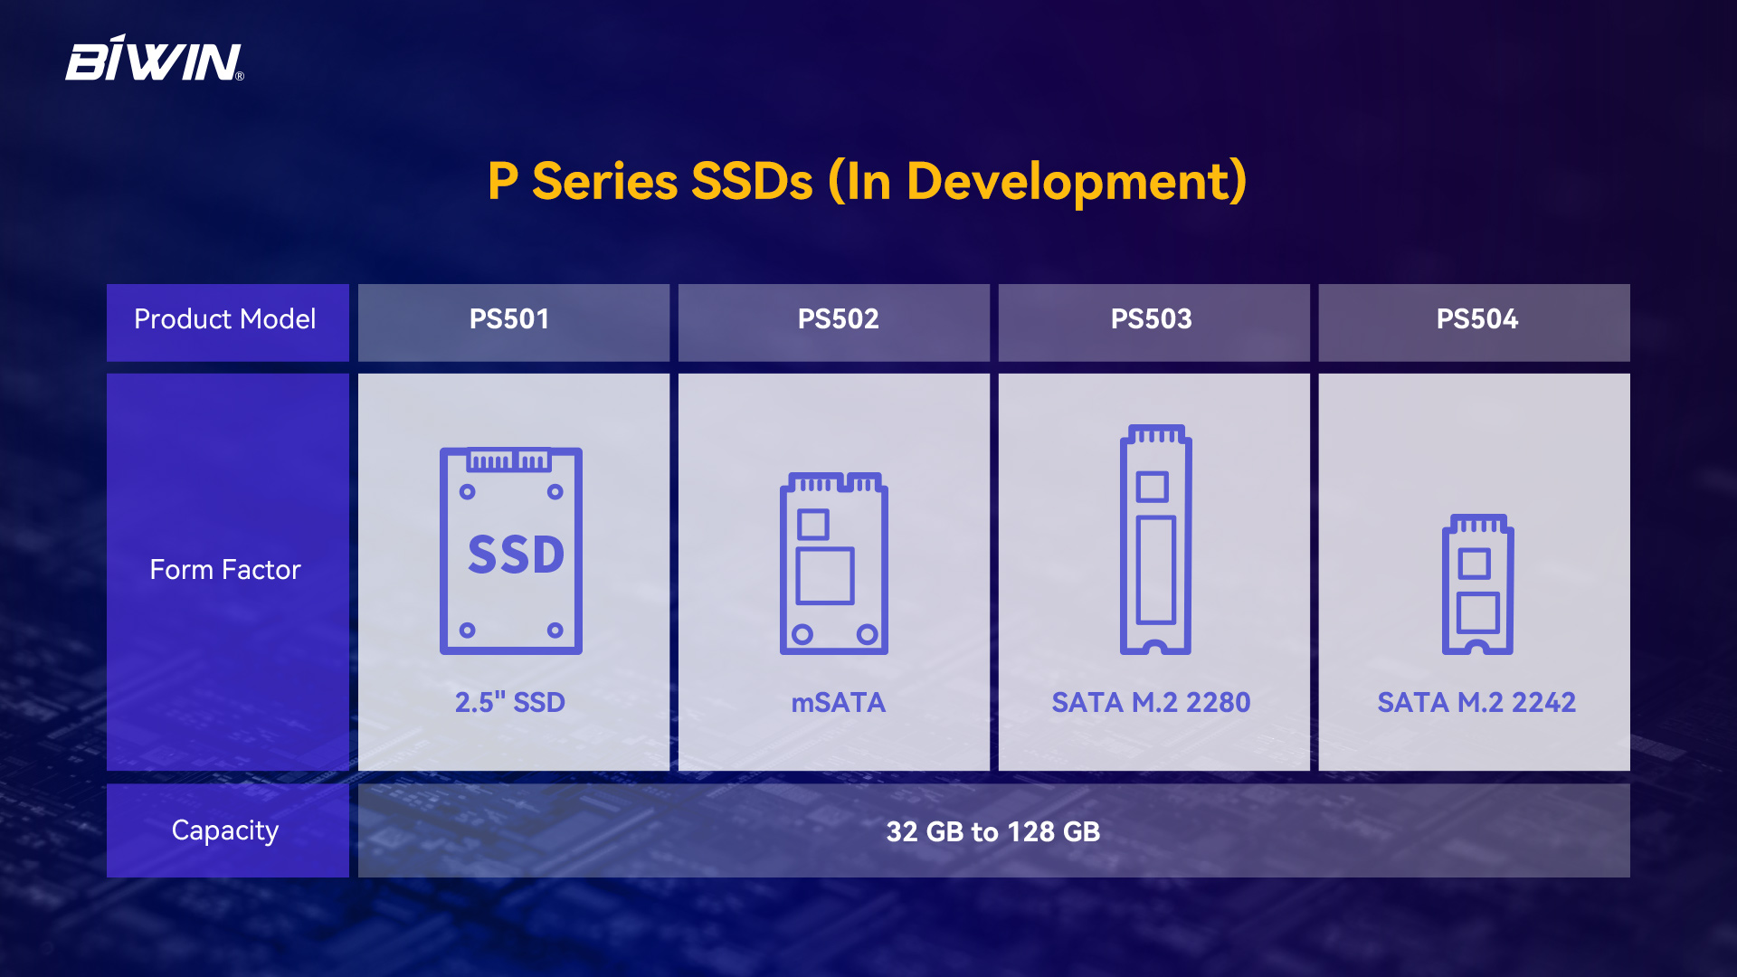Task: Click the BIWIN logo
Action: [155, 59]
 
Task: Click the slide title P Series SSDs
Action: [868, 181]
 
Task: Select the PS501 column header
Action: [509, 319]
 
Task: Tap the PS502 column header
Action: [838, 319]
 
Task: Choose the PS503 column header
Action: [1151, 319]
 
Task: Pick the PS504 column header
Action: [1476, 319]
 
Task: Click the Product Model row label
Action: [225, 319]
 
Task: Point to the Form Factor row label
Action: [225, 570]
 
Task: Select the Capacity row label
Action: [225, 830]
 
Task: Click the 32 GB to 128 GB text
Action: [993, 831]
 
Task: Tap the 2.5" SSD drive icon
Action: [511, 551]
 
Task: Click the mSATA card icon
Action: [834, 563]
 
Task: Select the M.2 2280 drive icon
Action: [1155, 539]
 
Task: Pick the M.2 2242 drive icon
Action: [1477, 584]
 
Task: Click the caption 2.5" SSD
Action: [510, 702]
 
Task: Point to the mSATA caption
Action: [838, 703]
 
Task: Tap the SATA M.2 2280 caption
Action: [1151, 703]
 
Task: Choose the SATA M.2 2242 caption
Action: [1476, 703]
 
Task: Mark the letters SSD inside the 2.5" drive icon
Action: [516, 555]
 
